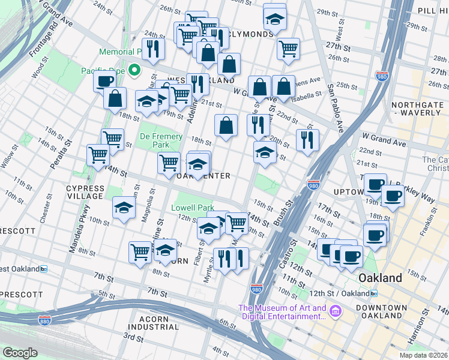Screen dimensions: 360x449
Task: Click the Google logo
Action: [x=20, y=353]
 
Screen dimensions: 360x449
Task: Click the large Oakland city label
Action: [x=379, y=278]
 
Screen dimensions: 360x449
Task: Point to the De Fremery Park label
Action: [x=161, y=140]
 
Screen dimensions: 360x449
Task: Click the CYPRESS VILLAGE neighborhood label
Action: [x=85, y=192]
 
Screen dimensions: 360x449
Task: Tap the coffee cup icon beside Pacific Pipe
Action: [x=104, y=81]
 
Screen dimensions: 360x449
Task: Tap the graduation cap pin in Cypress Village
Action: [x=124, y=208]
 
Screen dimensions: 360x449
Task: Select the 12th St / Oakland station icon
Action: [x=374, y=293]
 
